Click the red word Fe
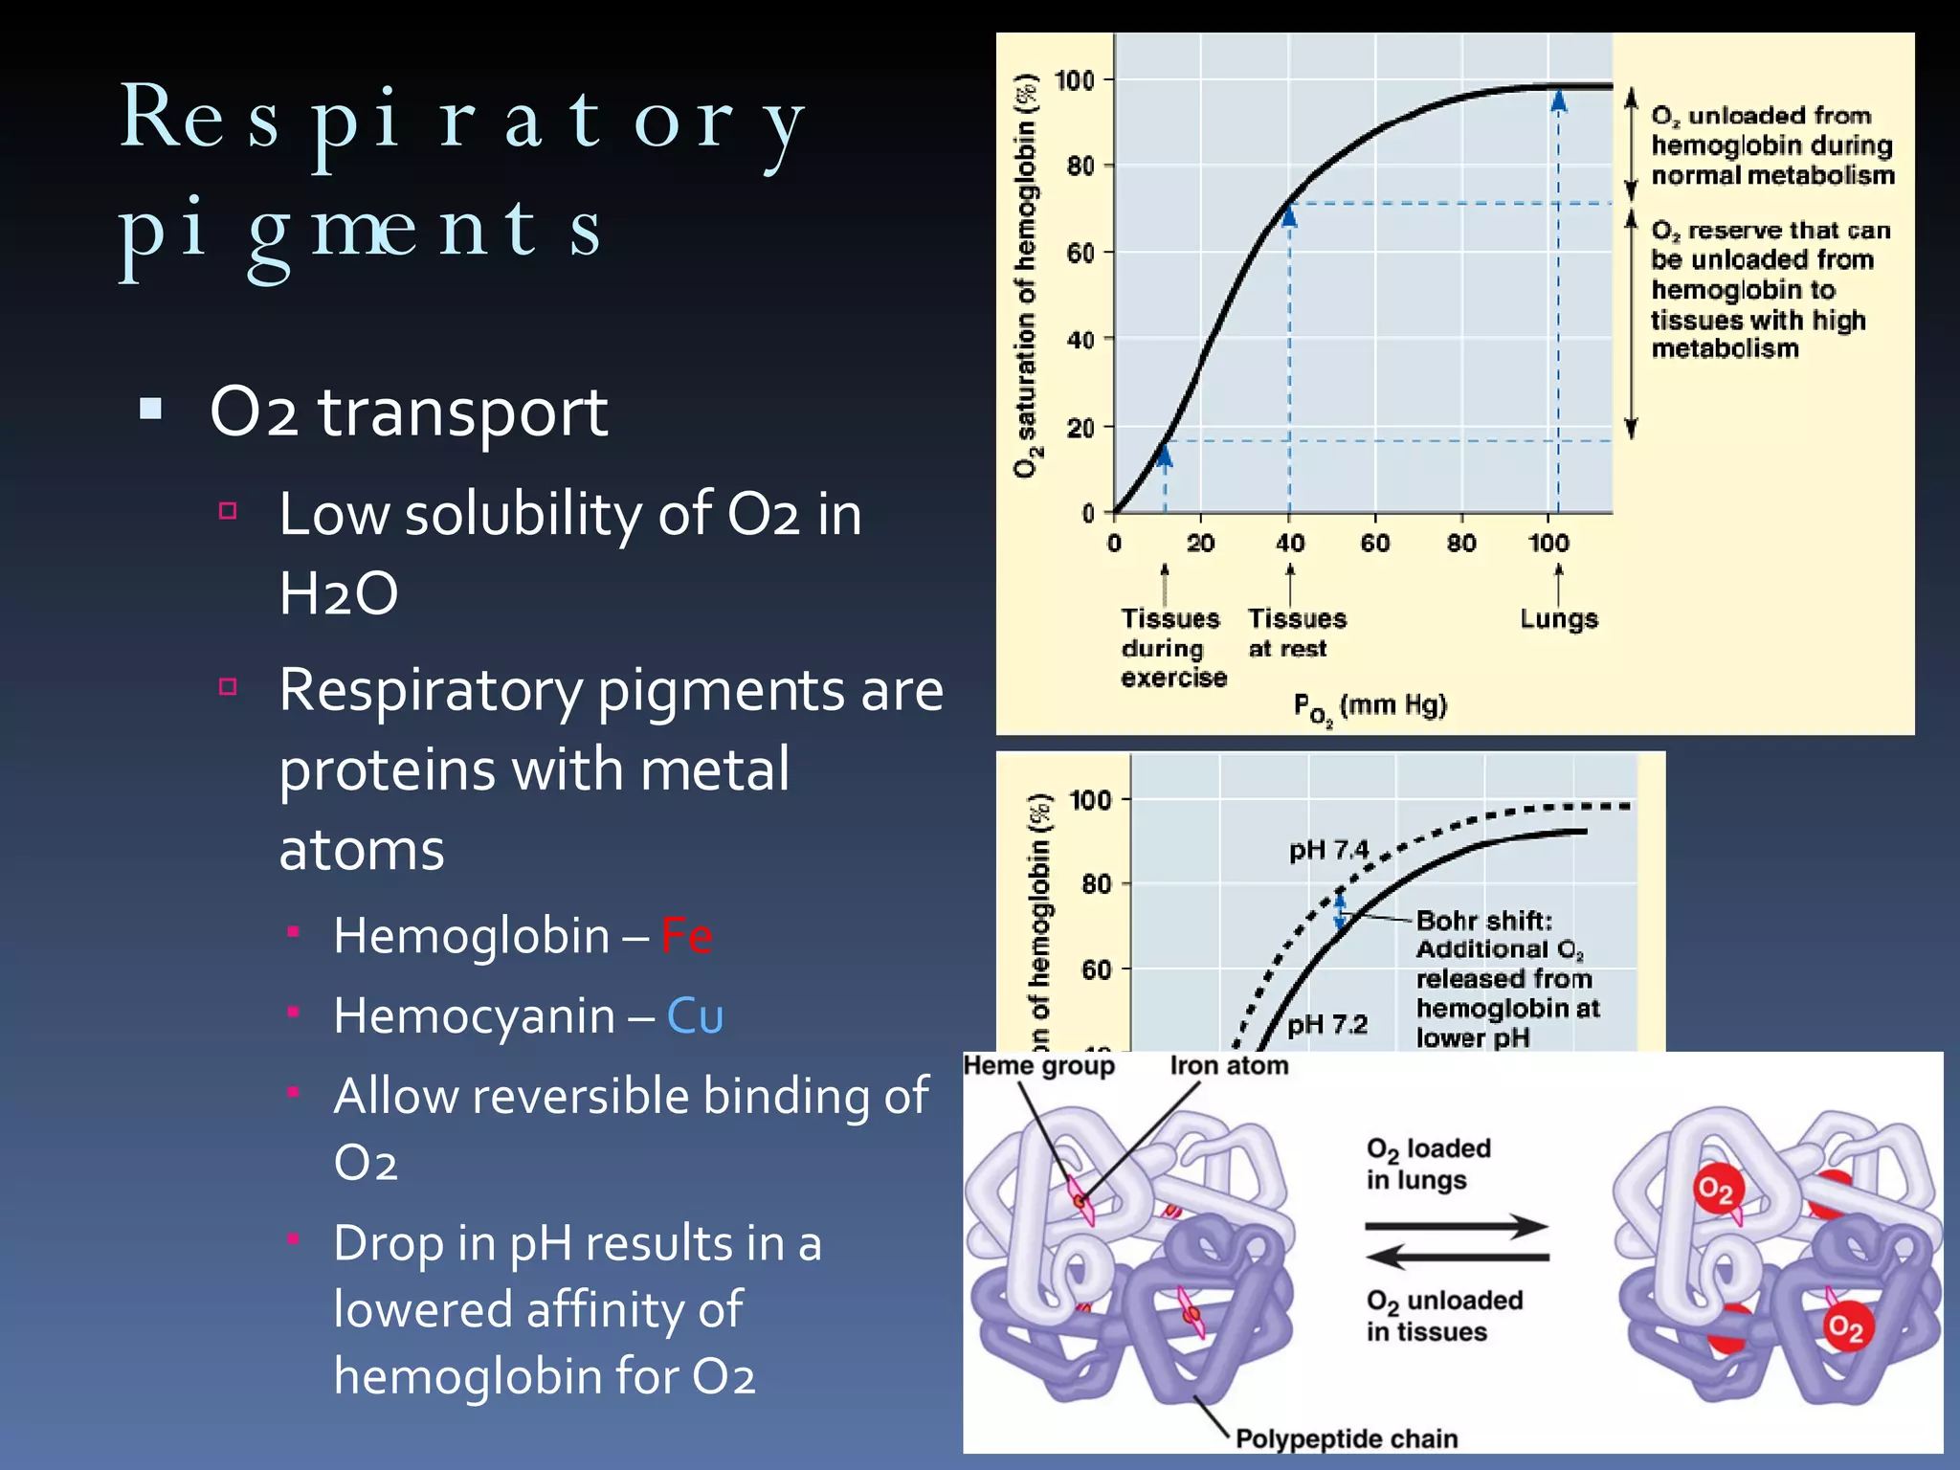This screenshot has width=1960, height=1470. [x=686, y=935]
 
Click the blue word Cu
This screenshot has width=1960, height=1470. [x=695, y=1015]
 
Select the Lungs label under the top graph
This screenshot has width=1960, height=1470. [x=1559, y=619]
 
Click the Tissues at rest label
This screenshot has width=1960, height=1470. [x=1296, y=634]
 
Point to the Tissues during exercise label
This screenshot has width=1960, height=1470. [x=1172, y=648]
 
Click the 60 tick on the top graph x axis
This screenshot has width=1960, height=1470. [x=1375, y=544]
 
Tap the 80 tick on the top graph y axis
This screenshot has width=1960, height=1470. [x=1080, y=167]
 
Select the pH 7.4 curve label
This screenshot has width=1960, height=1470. [x=1328, y=850]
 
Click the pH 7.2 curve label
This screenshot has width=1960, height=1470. [x=1327, y=1025]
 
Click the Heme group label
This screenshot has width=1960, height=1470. [x=1038, y=1065]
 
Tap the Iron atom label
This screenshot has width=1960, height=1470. [x=1229, y=1065]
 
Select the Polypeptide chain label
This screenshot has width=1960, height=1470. [x=1347, y=1438]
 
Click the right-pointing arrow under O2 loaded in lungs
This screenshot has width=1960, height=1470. [x=1456, y=1226]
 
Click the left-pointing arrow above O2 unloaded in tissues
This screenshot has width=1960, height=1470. [x=1456, y=1256]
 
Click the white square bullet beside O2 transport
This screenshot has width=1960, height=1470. [x=150, y=410]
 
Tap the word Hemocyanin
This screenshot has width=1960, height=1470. [x=474, y=1015]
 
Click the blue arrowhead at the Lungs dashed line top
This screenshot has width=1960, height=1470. [x=1559, y=101]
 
